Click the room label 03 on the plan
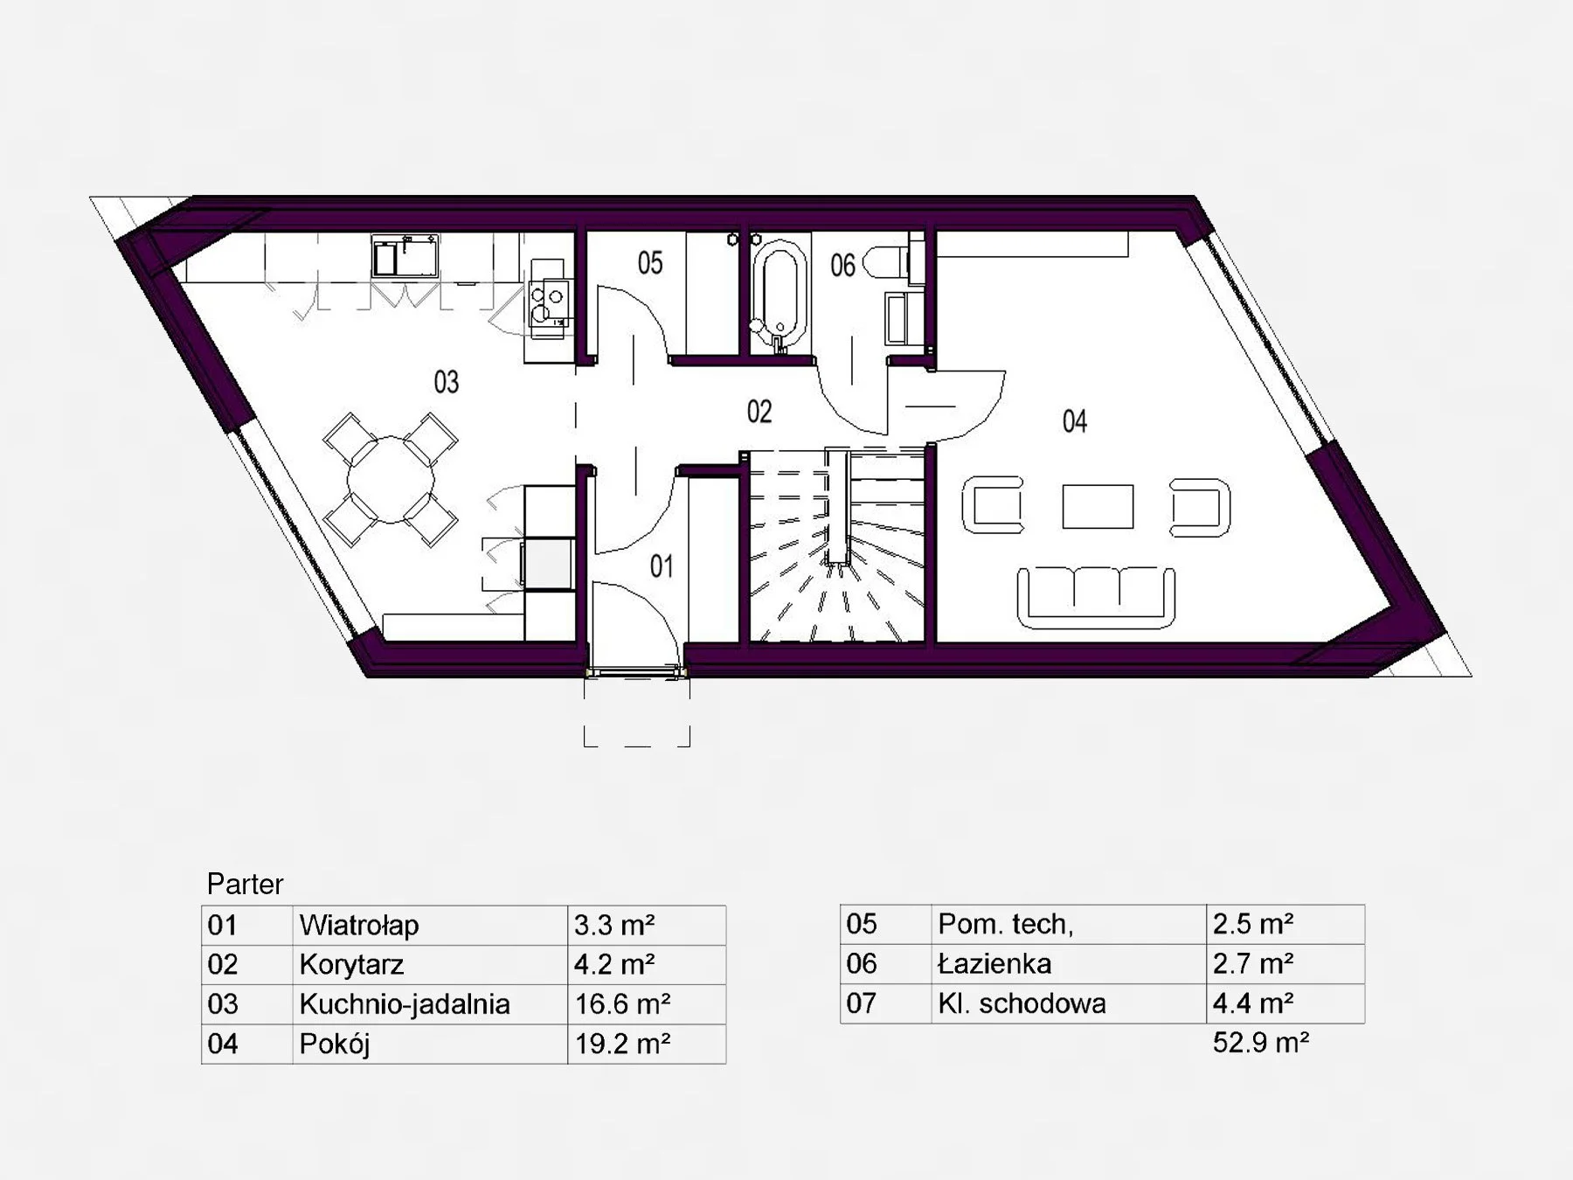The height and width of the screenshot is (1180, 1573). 446,382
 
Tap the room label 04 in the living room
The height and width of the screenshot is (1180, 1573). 1074,421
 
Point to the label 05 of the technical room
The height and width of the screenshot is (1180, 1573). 649,263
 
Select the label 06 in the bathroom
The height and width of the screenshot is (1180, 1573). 842,266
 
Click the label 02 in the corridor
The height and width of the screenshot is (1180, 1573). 759,412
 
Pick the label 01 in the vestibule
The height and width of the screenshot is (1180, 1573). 662,567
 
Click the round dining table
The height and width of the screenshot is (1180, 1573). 391,480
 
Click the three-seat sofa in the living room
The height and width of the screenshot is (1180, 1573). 1096,597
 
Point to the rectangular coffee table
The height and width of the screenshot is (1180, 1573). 1098,507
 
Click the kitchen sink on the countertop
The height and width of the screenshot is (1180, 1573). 405,256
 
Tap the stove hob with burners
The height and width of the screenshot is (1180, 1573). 549,302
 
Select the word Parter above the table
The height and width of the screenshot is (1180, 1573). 245,885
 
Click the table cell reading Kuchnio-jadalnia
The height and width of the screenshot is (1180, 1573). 405,1004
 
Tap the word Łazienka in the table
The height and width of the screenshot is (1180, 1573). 994,963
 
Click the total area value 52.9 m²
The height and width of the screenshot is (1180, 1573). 1261,1042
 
